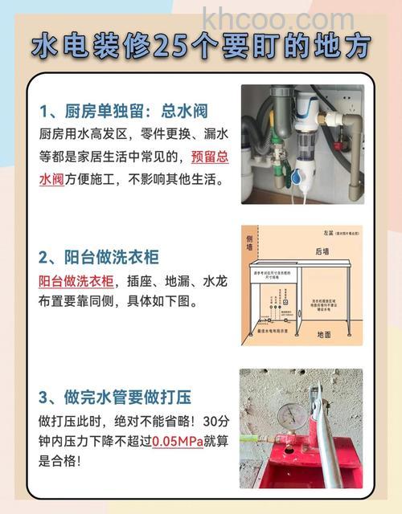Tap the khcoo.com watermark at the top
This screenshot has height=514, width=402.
click(277, 17)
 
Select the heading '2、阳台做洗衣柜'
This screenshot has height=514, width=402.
click(99, 257)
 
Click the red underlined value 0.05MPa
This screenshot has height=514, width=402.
click(181, 441)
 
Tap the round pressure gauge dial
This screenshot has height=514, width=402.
click(290, 415)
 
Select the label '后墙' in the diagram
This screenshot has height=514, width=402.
click(322, 251)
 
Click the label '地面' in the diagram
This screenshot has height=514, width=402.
click(323, 334)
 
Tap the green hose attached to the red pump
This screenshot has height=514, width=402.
click(265, 441)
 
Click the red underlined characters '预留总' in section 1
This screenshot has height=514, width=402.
click(209, 157)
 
